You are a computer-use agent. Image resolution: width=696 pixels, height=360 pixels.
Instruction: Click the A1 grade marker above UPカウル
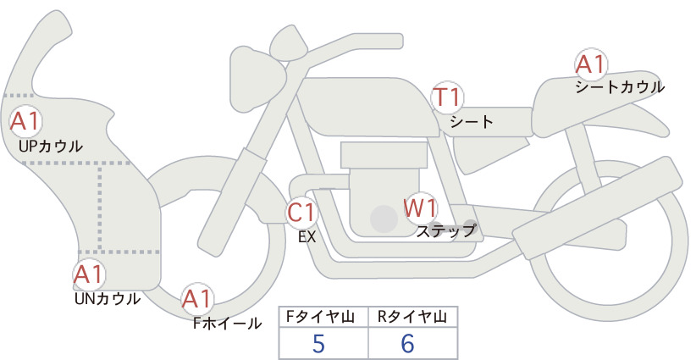(x=25, y=122)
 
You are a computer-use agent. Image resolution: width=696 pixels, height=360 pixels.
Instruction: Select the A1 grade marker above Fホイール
(x=197, y=299)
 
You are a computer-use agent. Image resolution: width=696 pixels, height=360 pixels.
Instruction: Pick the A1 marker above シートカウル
(x=591, y=65)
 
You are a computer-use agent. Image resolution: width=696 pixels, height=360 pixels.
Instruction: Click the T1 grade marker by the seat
(x=447, y=97)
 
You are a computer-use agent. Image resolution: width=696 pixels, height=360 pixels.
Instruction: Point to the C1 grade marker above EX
(x=301, y=212)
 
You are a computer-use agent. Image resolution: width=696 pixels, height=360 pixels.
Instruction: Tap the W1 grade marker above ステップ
(x=420, y=208)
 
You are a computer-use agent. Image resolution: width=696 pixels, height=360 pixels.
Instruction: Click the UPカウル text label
(x=51, y=146)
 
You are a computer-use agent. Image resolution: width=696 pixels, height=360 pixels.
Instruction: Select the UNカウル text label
(x=108, y=299)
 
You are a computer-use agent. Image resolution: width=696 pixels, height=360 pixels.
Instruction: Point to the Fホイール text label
(x=227, y=324)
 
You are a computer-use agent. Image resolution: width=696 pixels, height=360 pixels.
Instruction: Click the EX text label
(x=307, y=237)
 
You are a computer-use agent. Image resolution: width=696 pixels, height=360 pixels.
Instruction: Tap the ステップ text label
(x=445, y=231)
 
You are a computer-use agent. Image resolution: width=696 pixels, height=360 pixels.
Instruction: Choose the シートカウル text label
(x=620, y=87)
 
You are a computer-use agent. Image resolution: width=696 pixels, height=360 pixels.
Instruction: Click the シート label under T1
(x=472, y=122)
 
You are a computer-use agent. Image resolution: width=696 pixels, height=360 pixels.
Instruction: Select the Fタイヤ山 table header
(x=320, y=317)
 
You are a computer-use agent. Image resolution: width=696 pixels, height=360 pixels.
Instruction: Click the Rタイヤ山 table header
(x=412, y=317)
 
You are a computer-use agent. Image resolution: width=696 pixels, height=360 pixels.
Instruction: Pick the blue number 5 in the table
(x=318, y=343)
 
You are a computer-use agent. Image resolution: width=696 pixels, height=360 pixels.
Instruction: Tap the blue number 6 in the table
(x=407, y=343)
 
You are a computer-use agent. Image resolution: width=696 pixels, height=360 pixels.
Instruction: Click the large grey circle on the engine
(x=384, y=219)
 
